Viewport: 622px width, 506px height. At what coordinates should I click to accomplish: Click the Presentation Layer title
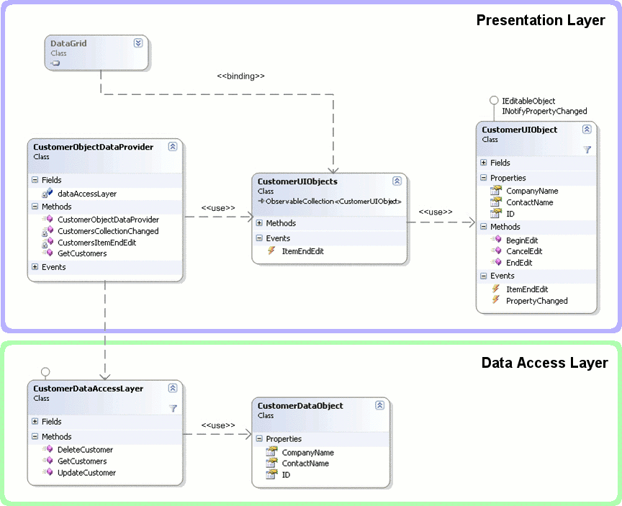(x=541, y=20)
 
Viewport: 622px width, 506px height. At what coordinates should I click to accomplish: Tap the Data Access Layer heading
(x=545, y=363)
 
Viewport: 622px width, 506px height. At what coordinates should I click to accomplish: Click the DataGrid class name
(x=68, y=43)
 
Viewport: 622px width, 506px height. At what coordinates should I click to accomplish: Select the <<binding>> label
(x=240, y=76)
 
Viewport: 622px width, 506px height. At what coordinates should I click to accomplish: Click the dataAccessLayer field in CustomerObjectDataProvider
(x=87, y=194)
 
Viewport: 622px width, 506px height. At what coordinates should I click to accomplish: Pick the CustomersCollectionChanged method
(x=108, y=231)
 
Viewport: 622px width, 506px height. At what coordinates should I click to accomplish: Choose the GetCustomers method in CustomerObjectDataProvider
(x=82, y=253)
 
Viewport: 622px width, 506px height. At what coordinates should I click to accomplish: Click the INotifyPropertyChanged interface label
(x=544, y=111)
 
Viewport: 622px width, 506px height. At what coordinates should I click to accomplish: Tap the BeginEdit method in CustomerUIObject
(x=522, y=240)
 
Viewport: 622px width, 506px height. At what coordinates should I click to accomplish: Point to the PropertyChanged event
(x=537, y=301)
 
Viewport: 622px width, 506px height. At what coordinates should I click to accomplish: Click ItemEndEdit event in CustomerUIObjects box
(x=302, y=251)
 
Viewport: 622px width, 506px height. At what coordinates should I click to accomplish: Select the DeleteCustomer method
(x=85, y=450)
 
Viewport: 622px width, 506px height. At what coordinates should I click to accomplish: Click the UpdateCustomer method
(x=87, y=473)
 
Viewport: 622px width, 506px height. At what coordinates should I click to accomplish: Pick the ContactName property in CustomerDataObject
(x=305, y=463)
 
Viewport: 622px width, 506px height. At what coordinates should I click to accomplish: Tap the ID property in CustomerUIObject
(x=510, y=214)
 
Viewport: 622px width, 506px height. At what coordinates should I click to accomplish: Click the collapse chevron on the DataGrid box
(x=138, y=43)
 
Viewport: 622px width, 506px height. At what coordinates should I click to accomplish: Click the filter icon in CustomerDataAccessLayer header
(x=173, y=408)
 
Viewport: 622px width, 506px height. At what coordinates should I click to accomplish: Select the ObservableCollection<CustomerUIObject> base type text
(x=333, y=201)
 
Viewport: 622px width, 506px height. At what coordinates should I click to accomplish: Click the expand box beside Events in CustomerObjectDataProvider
(x=35, y=267)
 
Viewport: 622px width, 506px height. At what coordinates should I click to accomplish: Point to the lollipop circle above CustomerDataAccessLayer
(x=45, y=372)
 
